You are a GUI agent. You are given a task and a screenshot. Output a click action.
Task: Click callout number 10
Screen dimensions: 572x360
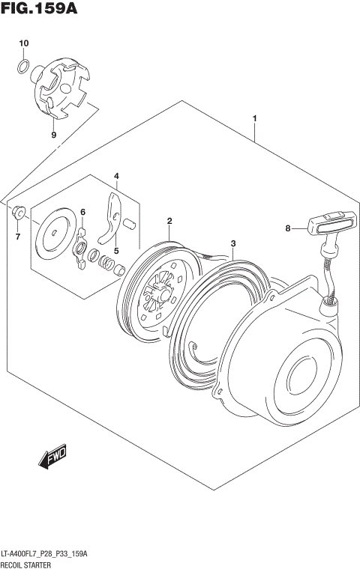tap(23, 43)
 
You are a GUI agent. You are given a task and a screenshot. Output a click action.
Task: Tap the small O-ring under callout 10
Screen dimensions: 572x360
tap(24, 69)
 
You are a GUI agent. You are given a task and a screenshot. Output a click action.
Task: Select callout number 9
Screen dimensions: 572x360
tap(53, 135)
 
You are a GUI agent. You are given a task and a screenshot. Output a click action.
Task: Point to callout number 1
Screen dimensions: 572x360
tap(255, 119)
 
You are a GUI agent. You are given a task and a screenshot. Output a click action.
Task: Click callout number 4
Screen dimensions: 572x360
tap(116, 176)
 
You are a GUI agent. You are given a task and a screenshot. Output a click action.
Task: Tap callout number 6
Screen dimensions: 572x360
tap(83, 213)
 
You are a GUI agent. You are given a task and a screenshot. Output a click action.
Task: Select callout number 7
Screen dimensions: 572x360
tap(18, 237)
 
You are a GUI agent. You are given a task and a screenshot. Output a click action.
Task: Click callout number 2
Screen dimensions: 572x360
tap(169, 221)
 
